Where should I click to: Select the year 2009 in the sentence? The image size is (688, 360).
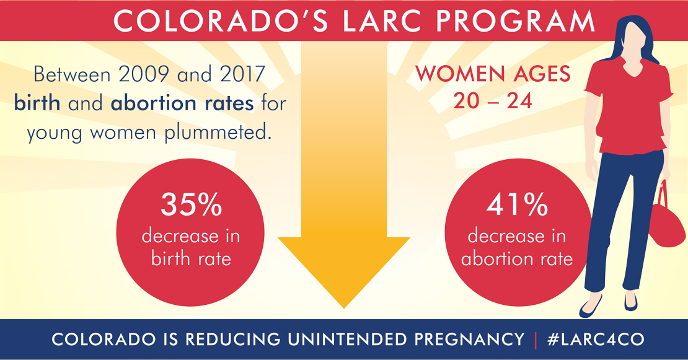pos(143,74)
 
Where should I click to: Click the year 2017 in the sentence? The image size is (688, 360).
pos(242,74)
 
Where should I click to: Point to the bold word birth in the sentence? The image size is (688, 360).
pos(37,103)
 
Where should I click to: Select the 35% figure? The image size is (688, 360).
pos(192,204)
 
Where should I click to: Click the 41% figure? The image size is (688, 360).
pos(518,204)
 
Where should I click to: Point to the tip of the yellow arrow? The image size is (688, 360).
pos(344,308)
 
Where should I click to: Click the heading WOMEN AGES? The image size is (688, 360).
pos(493,74)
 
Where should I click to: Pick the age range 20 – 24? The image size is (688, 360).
pos(493,101)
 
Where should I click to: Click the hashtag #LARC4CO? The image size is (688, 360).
pos(596,340)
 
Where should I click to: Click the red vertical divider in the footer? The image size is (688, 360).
pos(536,340)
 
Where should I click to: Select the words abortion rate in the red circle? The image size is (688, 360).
pos(517,259)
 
